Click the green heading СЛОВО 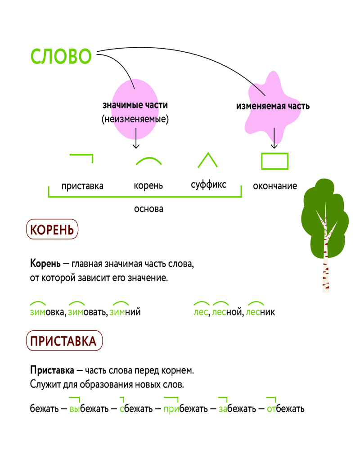click(x=61, y=57)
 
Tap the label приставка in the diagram click(x=82, y=186)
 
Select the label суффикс click(x=208, y=184)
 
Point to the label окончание click(x=275, y=186)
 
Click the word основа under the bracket click(x=148, y=209)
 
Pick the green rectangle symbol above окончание click(x=274, y=161)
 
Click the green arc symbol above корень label click(x=148, y=161)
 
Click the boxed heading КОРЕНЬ click(x=52, y=230)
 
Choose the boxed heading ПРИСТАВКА click(x=63, y=341)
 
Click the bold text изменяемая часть click(x=273, y=107)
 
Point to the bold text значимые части click(x=135, y=105)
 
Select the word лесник click(x=261, y=312)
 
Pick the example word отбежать click(x=285, y=409)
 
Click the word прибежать click(x=185, y=409)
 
